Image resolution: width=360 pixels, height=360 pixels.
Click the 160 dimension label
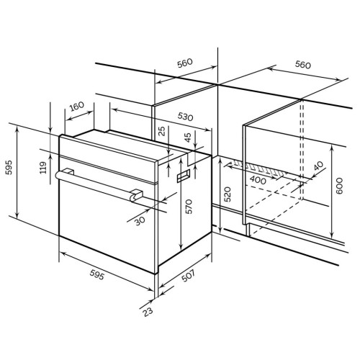tap(77, 107)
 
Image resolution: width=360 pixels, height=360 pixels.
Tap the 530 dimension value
tap(185, 117)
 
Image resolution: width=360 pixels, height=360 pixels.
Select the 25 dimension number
tap(163, 131)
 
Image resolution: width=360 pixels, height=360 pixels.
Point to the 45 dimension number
tap(188, 138)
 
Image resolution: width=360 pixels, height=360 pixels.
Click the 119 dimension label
tap(43, 168)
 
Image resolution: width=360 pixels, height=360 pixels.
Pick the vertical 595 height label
tap(9, 167)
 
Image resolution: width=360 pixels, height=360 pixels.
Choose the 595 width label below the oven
tap(97, 274)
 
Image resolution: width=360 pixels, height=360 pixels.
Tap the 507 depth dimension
tap(188, 276)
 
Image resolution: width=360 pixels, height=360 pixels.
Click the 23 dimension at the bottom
tap(148, 312)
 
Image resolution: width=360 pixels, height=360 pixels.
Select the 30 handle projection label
tap(140, 220)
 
